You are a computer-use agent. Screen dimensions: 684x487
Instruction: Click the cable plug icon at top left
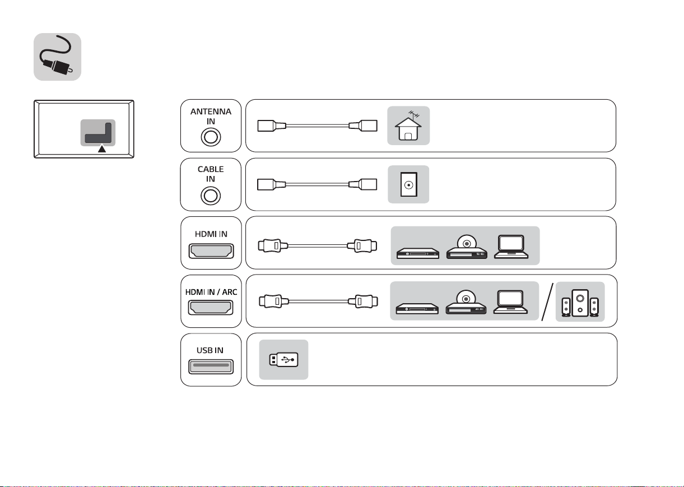coord(57,57)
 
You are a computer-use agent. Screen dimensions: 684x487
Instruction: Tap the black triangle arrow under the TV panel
coord(102,149)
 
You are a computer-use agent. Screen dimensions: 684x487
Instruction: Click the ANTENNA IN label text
coord(211,117)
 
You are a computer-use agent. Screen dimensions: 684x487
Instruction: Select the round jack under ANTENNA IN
coord(211,137)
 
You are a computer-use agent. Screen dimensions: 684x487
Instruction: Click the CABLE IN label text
coord(211,174)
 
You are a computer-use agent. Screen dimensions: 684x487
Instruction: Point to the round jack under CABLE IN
coord(211,196)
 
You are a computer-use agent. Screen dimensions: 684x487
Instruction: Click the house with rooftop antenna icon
coord(408,126)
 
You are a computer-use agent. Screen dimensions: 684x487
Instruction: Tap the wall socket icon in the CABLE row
coord(408,184)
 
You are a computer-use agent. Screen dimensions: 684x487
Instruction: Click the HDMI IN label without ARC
coord(211,234)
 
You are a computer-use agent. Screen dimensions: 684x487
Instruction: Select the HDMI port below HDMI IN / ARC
coord(211,307)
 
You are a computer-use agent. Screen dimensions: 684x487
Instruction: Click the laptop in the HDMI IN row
coord(511,247)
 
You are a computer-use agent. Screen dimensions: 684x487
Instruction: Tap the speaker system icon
coord(580,303)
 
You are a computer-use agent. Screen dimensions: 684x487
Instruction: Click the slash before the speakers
coord(547,302)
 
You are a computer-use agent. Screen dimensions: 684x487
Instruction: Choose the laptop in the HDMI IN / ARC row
coord(510,302)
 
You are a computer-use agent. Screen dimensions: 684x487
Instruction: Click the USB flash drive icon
coord(283,360)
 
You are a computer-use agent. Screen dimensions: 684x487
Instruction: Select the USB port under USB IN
coord(211,367)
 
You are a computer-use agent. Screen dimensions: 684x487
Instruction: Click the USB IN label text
coord(210,350)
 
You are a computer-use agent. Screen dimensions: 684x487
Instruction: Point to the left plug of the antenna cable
coord(272,126)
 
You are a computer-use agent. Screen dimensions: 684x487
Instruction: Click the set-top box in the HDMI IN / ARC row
coord(417,309)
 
